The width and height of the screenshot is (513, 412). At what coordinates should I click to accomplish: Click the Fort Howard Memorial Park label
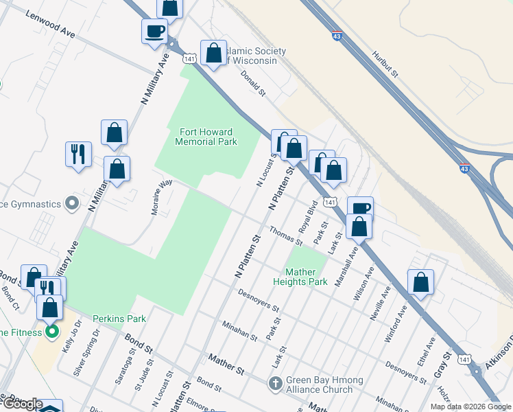(206, 137)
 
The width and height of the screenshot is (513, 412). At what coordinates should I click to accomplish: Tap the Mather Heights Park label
(300, 277)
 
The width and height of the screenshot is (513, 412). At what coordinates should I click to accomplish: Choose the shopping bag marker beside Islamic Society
(214, 54)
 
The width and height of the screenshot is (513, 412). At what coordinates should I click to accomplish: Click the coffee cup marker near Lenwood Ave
(154, 31)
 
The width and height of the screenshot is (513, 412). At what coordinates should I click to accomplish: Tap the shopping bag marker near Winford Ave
(420, 282)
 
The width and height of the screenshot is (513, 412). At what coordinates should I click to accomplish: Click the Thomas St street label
(286, 236)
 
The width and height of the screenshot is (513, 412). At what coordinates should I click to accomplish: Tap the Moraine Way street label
(162, 198)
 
